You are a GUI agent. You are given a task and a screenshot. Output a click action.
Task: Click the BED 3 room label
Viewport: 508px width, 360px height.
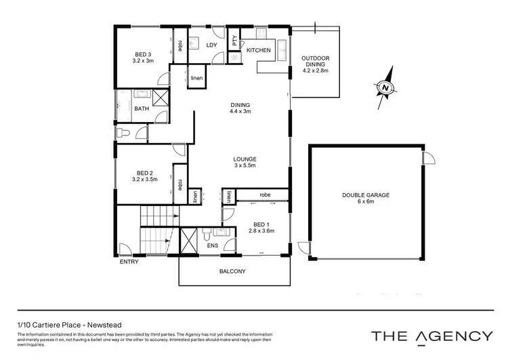click(143, 54)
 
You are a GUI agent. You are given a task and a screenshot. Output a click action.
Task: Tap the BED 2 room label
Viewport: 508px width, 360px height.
click(143, 173)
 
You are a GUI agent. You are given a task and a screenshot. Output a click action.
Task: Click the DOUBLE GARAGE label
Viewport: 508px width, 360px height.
click(365, 195)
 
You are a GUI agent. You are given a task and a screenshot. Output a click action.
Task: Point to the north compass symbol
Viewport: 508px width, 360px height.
click(384, 87)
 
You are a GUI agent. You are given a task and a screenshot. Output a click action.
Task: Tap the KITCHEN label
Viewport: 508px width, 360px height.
click(258, 50)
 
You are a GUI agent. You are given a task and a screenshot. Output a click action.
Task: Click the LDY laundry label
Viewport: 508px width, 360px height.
click(211, 46)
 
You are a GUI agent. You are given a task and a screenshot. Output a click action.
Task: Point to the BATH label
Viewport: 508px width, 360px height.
click(141, 108)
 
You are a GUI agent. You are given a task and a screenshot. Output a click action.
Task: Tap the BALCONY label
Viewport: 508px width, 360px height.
click(232, 272)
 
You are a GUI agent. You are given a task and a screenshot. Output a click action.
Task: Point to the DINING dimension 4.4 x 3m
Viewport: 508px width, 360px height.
click(240, 111)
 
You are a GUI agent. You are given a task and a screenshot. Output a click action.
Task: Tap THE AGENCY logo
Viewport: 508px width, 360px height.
click(431, 335)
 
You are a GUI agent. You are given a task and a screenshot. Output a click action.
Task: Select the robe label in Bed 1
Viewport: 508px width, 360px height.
click(265, 195)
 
